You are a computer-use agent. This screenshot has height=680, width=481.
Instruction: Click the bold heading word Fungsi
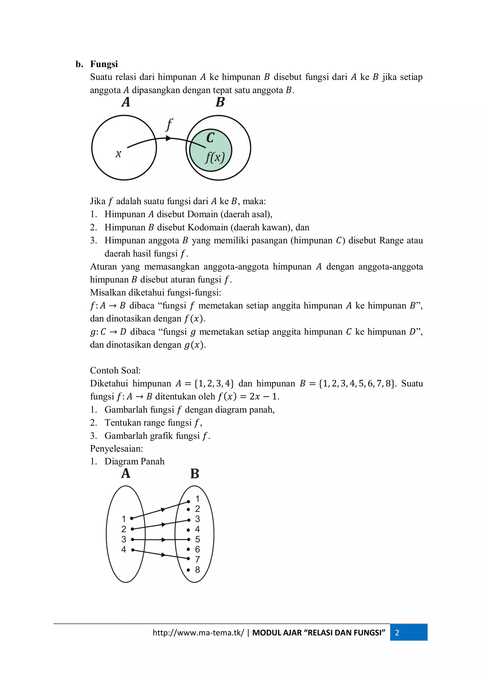(104, 64)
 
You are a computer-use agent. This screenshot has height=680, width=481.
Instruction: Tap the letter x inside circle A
(118, 154)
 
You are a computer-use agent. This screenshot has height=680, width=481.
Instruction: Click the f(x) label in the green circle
(215, 157)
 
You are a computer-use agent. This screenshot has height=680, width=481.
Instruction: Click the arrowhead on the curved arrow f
(168, 138)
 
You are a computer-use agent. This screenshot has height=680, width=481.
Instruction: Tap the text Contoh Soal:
(115, 370)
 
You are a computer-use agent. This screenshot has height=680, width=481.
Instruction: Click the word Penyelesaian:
(116, 448)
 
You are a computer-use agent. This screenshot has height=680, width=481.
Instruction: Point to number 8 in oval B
(197, 569)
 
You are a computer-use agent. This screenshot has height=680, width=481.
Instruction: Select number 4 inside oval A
(124, 549)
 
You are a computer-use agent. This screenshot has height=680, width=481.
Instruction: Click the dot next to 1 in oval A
(132, 518)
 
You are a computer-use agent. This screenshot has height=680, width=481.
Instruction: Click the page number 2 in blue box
(397, 633)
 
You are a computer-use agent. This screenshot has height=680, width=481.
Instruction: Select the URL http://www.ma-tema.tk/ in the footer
(198, 633)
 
